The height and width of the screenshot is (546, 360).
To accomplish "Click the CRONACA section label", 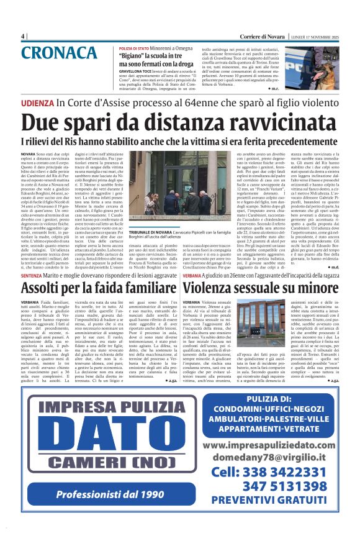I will [x=60, y=53].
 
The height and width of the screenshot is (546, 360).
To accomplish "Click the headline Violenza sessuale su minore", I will [x=259, y=288].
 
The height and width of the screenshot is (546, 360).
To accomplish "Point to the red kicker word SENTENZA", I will [x=32, y=274].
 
